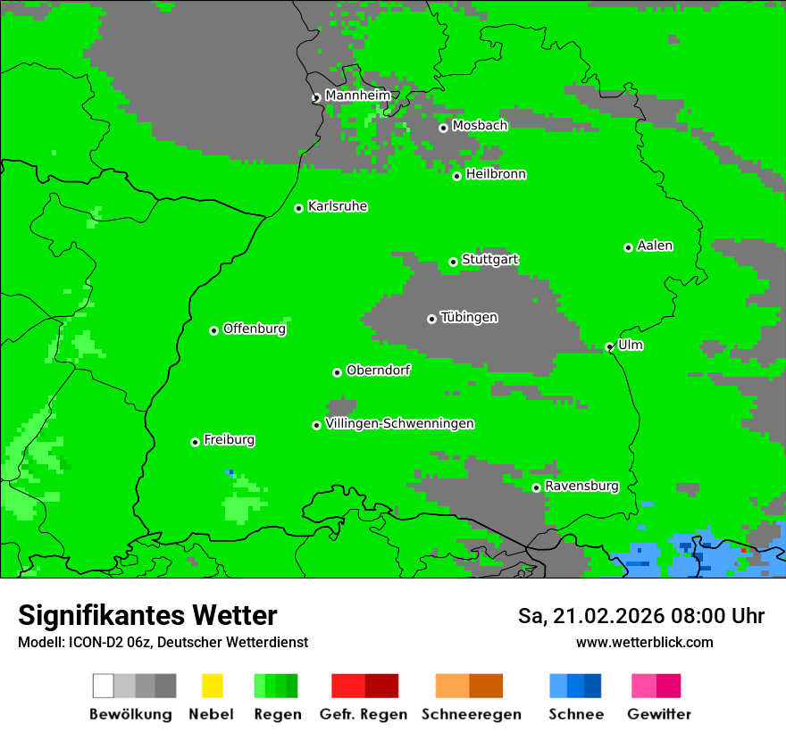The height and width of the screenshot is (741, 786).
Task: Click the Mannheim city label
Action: point(357,96)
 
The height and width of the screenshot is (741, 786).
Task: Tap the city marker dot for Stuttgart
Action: point(454,262)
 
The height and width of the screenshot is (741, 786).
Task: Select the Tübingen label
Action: point(469,318)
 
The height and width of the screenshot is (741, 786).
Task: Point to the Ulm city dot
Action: point(610,347)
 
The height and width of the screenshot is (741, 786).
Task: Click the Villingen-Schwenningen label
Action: point(399,424)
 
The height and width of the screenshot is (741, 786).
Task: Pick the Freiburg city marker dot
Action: point(195,442)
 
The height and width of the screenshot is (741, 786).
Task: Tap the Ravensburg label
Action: point(581,487)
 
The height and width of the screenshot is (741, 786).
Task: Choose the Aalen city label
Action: point(655,246)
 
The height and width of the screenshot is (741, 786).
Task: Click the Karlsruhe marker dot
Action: point(299,208)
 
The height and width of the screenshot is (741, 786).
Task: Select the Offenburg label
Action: point(255,329)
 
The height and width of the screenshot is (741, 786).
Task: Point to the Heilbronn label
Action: point(496,174)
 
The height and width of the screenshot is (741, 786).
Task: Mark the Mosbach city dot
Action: point(443,128)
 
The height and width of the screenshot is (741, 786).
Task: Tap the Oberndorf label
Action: point(378,370)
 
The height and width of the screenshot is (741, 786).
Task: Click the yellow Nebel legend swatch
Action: point(212,686)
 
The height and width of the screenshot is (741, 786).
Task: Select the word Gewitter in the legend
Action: point(659,714)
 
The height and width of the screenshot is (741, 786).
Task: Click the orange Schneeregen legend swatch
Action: point(452,686)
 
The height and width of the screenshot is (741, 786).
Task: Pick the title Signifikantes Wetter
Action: point(147,615)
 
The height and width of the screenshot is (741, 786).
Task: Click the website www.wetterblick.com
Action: point(644,642)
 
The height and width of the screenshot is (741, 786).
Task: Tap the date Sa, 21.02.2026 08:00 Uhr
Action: point(640,616)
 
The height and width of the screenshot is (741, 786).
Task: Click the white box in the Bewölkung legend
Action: point(103,686)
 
